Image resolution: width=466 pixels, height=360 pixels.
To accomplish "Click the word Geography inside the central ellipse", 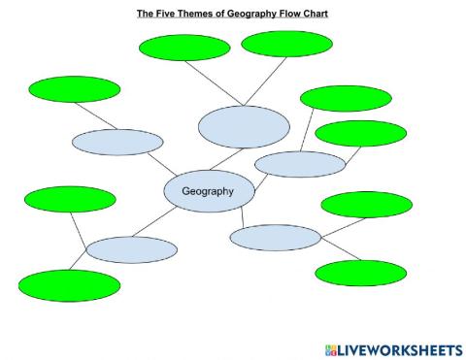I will pos(209,191).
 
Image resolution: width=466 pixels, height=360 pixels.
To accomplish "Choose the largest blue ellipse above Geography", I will pos(244,126).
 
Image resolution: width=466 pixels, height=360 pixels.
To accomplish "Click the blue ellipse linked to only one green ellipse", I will pos(116,142).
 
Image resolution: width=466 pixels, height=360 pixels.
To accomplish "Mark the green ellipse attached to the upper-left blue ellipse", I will pos(75,89).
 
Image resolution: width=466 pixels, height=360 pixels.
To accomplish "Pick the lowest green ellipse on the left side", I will pos(69,285).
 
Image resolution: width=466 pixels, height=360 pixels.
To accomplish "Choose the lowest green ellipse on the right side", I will pos(360,274).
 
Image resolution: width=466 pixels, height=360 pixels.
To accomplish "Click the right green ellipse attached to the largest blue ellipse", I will pos(286,44).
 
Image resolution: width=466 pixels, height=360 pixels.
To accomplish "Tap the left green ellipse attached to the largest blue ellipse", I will pos(184,48).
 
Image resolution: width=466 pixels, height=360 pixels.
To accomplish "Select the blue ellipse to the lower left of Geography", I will pos(131,249).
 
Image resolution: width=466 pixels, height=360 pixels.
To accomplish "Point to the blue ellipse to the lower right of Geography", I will pos(276,238).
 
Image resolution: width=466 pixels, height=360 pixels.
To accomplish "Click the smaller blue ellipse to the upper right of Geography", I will pos(300,164).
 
